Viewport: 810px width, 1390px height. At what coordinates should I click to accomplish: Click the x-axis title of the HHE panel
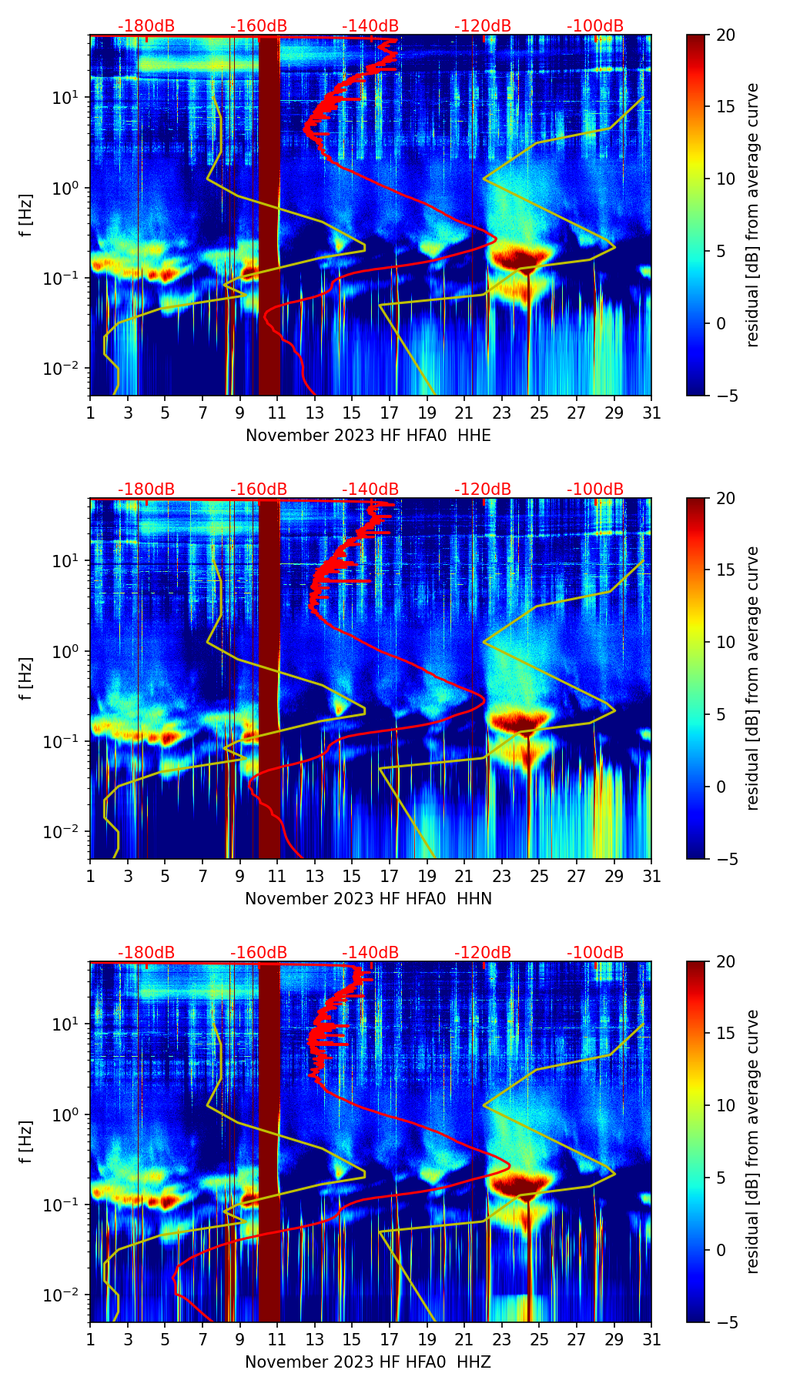(368, 436)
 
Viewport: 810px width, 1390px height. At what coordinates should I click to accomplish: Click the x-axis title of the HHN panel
(368, 899)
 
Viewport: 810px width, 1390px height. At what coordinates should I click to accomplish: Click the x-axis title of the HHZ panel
(368, 1362)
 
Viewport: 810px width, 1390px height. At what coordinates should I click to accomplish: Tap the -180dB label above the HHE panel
(146, 26)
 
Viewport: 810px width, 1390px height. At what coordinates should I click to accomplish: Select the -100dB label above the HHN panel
(595, 490)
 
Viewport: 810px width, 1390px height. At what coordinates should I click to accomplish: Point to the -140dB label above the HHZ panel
(370, 953)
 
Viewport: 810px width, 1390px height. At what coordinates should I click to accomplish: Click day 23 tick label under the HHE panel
(502, 413)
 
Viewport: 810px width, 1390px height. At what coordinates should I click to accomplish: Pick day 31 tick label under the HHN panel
(651, 877)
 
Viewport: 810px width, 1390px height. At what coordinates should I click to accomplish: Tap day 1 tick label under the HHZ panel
(90, 1340)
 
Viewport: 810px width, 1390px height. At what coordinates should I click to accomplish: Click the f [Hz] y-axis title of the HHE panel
(26, 215)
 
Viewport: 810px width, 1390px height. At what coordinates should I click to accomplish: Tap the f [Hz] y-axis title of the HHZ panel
(26, 1141)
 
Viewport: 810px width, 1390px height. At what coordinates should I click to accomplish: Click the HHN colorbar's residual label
(753, 678)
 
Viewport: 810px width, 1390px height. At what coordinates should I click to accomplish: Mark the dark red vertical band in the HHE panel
(269, 215)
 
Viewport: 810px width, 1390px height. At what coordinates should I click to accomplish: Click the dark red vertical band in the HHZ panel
(269, 1141)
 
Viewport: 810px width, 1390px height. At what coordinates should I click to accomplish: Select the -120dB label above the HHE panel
(483, 26)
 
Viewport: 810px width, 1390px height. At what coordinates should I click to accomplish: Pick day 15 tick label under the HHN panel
(352, 877)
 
